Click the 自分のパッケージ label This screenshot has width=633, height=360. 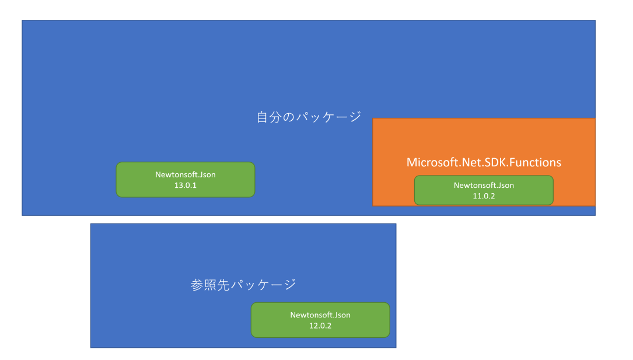pyautogui.click(x=309, y=117)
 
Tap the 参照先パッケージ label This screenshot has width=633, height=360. pyautogui.click(x=243, y=285)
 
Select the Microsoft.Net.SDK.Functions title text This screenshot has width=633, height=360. pyautogui.click(x=484, y=162)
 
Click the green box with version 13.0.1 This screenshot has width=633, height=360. pyautogui.click(x=186, y=180)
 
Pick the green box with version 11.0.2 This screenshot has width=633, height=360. pyautogui.click(x=484, y=190)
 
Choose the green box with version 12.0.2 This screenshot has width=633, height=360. pyautogui.click(x=320, y=320)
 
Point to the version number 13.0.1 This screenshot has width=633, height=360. pyautogui.click(x=186, y=185)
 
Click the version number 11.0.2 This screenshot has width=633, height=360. pyautogui.click(x=484, y=196)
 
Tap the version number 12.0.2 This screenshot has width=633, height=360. pyautogui.click(x=320, y=326)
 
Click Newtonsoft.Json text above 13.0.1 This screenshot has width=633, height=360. pyautogui.click(x=186, y=175)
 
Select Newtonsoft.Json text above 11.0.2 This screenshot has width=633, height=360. pyautogui.click(x=484, y=186)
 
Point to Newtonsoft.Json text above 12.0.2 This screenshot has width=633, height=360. pyautogui.click(x=320, y=315)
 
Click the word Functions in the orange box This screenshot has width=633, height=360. pyautogui.click(x=535, y=162)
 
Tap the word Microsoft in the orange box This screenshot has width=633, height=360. pyautogui.click(x=432, y=162)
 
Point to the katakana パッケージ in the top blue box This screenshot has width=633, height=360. pyautogui.click(x=328, y=117)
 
